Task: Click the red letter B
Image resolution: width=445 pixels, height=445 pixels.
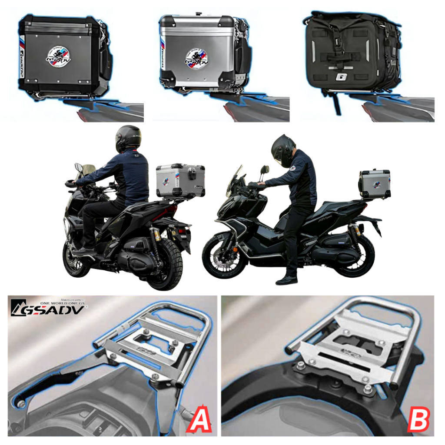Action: point(418,419)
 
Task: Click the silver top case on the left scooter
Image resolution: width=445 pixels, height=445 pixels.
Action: point(180,180)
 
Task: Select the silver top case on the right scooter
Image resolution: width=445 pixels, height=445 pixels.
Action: point(374,184)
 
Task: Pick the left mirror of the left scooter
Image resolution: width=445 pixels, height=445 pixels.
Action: point(79,168)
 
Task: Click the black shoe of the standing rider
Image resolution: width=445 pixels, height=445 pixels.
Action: point(287,280)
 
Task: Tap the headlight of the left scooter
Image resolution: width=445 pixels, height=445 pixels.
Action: point(67,226)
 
